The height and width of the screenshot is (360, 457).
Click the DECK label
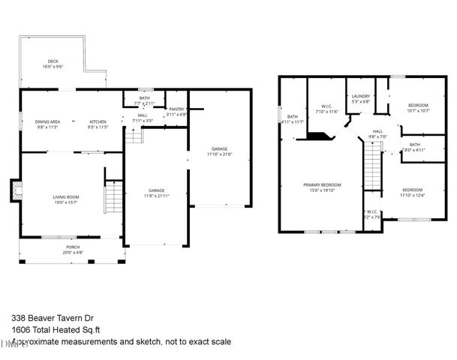(53, 61)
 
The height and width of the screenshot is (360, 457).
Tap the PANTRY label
(176, 109)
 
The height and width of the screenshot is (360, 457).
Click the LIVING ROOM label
(66, 197)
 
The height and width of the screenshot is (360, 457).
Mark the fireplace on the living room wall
(16, 191)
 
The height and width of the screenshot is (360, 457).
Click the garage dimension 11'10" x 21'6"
(220, 154)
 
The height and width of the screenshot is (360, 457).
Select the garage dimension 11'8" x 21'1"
(156, 196)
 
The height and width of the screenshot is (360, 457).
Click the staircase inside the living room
(113, 198)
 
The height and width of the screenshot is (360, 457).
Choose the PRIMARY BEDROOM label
(322, 184)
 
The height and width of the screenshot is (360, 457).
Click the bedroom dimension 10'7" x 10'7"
(418, 110)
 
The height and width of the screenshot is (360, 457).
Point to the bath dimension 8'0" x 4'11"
(414, 150)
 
